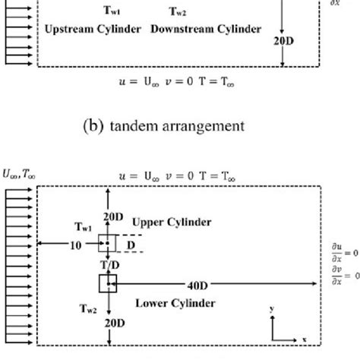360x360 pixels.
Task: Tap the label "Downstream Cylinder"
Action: [x=206, y=30]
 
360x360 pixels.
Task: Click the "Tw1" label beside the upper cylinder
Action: [x=84, y=226]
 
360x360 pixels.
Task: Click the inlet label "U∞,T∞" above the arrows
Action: [x=21, y=174]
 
